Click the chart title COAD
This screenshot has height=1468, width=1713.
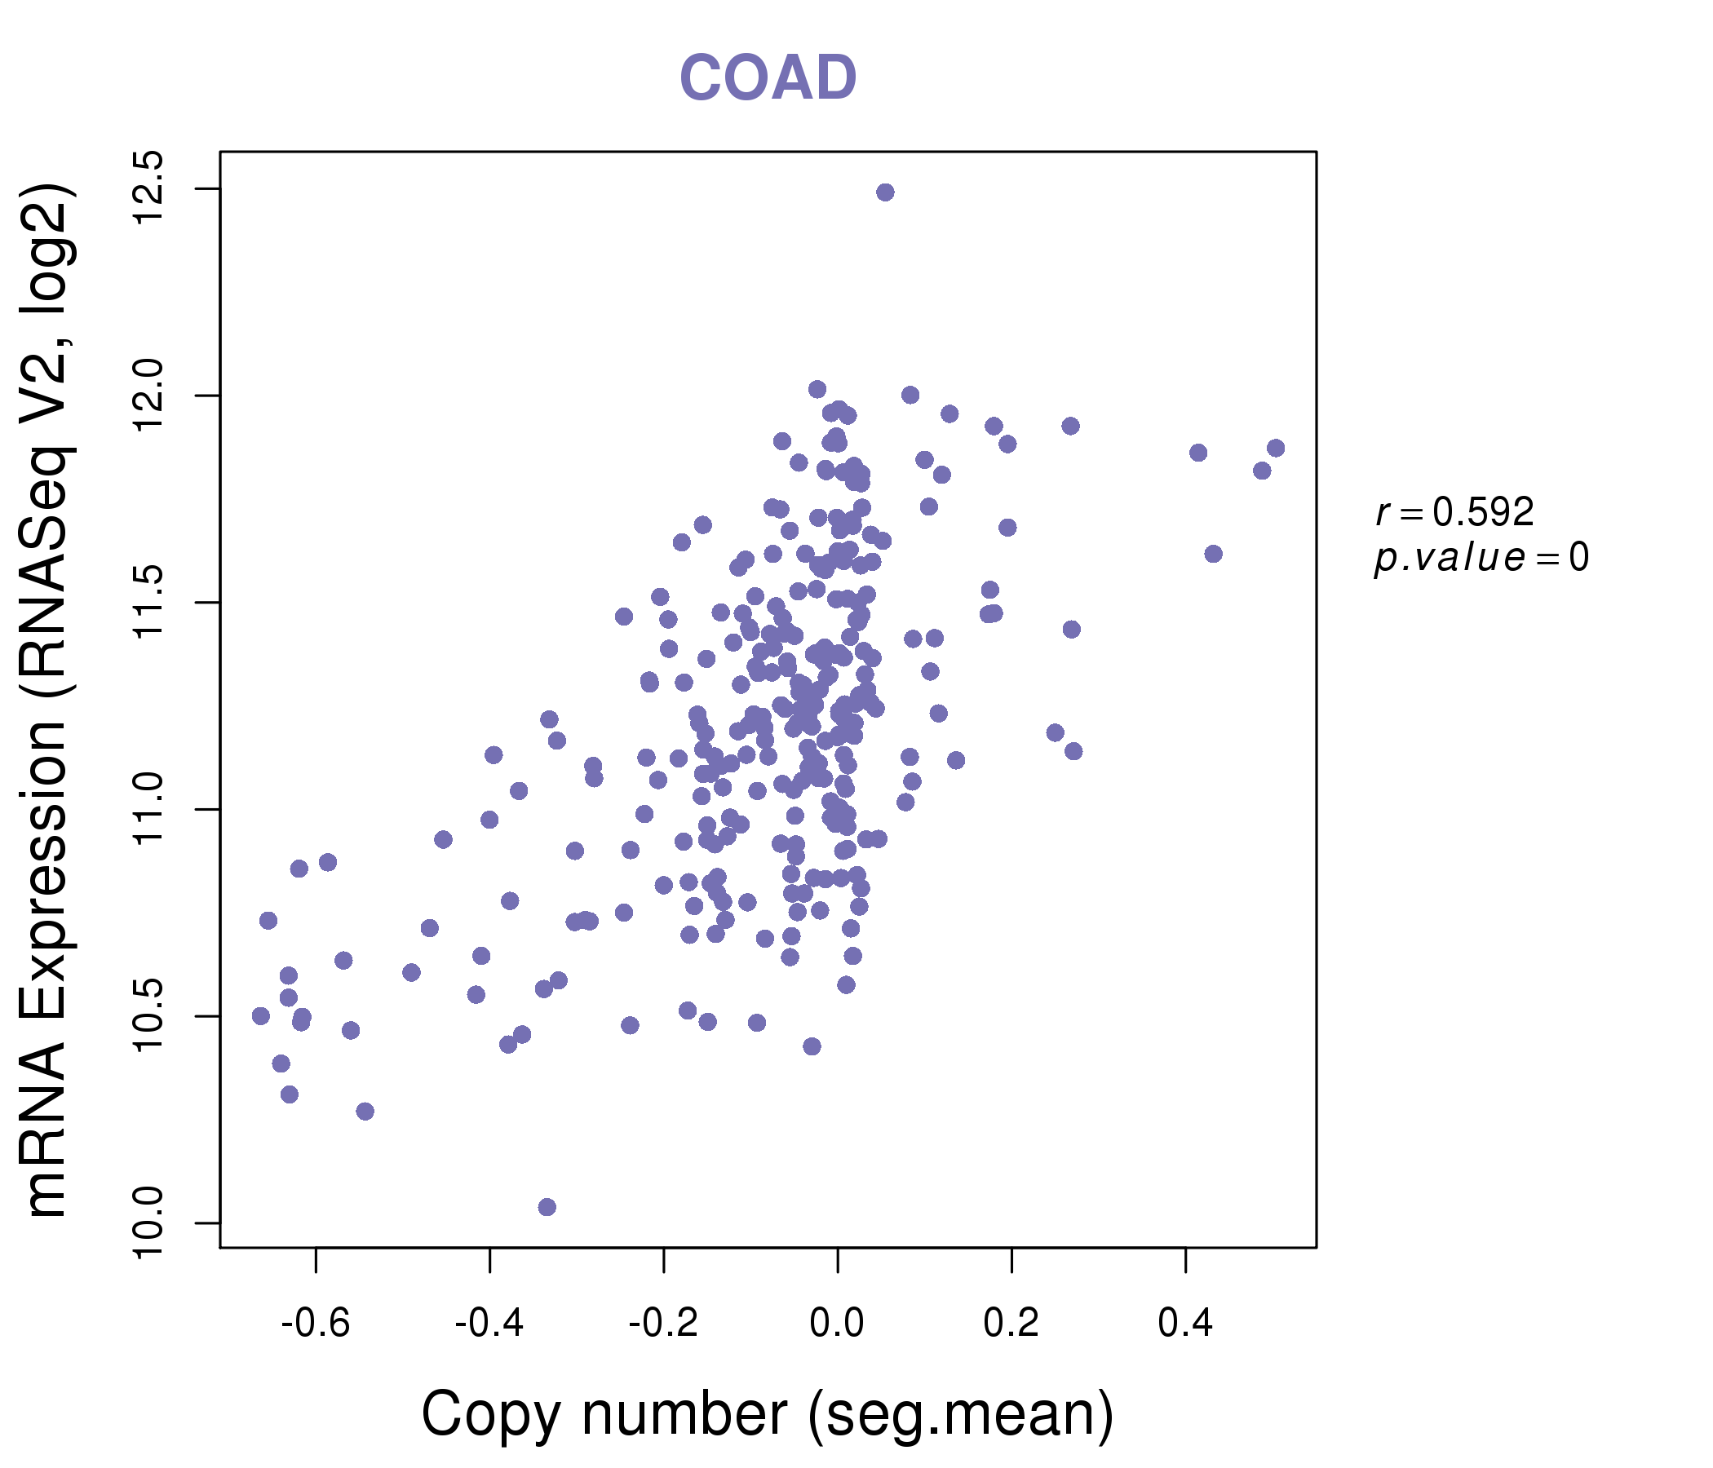pyautogui.click(x=768, y=77)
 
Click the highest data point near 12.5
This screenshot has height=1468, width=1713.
pyautogui.click(x=884, y=192)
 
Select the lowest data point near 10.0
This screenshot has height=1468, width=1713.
pyautogui.click(x=547, y=1207)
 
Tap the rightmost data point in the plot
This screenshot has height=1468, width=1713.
pyautogui.click(x=1276, y=448)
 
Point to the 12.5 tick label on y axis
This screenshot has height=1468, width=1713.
pyautogui.click(x=149, y=188)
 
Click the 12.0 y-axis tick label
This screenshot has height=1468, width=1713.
pyautogui.click(x=149, y=396)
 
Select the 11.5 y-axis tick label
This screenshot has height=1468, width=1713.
pyautogui.click(x=149, y=603)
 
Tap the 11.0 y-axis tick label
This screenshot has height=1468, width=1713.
pyautogui.click(x=149, y=809)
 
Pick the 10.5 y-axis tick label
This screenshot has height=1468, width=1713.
pyautogui.click(x=149, y=1016)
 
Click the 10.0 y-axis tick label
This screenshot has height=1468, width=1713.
pyautogui.click(x=149, y=1223)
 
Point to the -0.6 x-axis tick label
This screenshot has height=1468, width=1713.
pyautogui.click(x=316, y=1324)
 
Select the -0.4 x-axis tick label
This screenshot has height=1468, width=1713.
pyautogui.click(x=489, y=1324)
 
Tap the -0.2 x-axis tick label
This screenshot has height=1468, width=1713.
pyautogui.click(x=663, y=1324)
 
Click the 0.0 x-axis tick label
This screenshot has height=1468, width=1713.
pyautogui.click(x=837, y=1324)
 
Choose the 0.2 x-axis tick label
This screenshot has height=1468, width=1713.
pyautogui.click(x=1011, y=1324)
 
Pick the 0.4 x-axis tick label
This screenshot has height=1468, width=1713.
pyautogui.click(x=1185, y=1324)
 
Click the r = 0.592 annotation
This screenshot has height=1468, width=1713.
pyautogui.click(x=1455, y=512)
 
